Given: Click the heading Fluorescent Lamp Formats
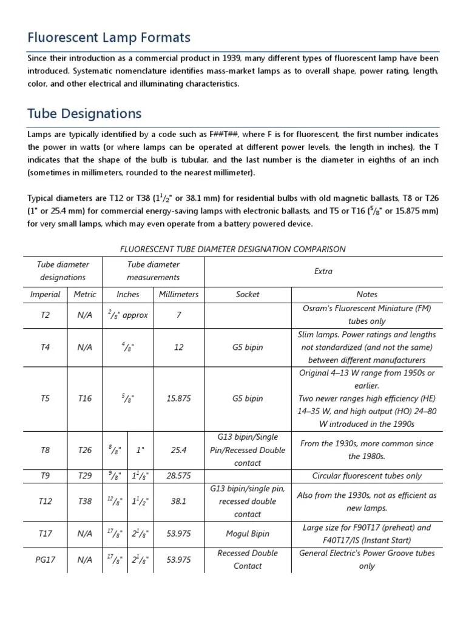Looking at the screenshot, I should point(109,38).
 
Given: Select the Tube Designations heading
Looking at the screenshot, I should point(84,113).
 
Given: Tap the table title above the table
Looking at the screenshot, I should point(233,249).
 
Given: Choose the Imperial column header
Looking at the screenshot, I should point(46,294).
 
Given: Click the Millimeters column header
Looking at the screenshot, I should point(178,294).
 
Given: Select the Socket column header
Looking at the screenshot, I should point(248,294).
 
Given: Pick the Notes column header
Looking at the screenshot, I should point(366,294).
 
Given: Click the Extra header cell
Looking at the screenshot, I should point(323,271).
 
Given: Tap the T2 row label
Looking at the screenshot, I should point(46,315).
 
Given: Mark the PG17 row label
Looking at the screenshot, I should point(46,560).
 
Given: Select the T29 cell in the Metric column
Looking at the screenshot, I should point(85,476).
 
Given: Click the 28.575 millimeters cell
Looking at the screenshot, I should point(178,476).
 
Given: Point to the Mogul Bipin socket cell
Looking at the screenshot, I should point(248,534).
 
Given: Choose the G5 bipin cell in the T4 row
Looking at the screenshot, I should point(248,347).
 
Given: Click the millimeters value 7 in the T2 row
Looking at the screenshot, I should point(178,315).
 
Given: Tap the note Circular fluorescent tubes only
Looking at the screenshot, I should point(366,476).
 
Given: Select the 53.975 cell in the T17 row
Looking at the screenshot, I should point(178,534).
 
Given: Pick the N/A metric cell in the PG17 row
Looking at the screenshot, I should point(85,560).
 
